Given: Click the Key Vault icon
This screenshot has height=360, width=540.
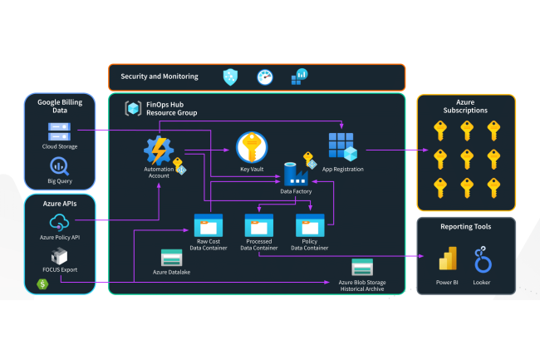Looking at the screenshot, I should (x=252, y=147).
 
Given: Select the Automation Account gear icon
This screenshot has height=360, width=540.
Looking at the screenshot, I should (x=158, y=150).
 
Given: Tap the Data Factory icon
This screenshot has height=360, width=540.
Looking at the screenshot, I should (x=296, y=174).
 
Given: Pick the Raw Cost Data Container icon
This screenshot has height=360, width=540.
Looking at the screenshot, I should (x=208, y=224).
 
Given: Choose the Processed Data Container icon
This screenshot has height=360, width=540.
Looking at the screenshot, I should (x=259, y=224).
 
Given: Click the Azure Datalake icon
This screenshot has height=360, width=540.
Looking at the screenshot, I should (x=172, y=258).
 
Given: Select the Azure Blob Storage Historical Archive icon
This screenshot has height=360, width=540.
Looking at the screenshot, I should (x=362, y=268).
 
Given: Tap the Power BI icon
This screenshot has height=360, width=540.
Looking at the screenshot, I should (x=448, y=259).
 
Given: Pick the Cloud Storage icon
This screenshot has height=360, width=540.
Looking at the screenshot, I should (x=60, y=131).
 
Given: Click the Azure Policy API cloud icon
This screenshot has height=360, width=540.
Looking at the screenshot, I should (x=60, y=222).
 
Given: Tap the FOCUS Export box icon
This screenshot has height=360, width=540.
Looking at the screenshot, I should (x=60, y=256).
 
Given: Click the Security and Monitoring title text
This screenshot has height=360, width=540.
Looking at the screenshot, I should (x=160, y=76).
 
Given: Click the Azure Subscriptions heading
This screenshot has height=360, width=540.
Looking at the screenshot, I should (x=465, y=106).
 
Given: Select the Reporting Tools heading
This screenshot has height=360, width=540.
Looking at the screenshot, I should (x=465, y=226).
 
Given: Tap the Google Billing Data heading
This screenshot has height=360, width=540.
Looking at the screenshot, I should (x=59, y=106).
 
